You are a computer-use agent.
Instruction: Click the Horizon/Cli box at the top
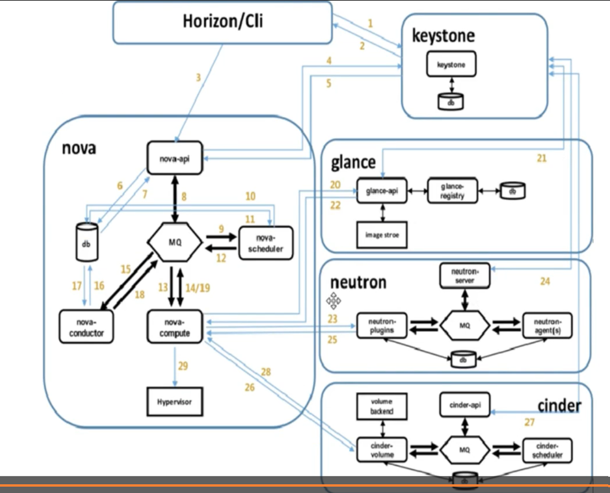point(223,22)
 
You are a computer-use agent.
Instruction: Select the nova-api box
point(174,157)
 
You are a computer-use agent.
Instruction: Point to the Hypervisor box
point(174,401)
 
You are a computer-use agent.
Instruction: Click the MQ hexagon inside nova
point(175,242)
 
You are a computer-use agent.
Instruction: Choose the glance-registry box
point(453,190)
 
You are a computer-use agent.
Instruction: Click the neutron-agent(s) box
point(547,325)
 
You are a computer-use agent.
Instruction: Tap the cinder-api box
point(465,404)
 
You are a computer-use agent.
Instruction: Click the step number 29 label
point(183,366)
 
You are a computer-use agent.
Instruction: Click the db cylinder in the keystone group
point(451,101)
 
